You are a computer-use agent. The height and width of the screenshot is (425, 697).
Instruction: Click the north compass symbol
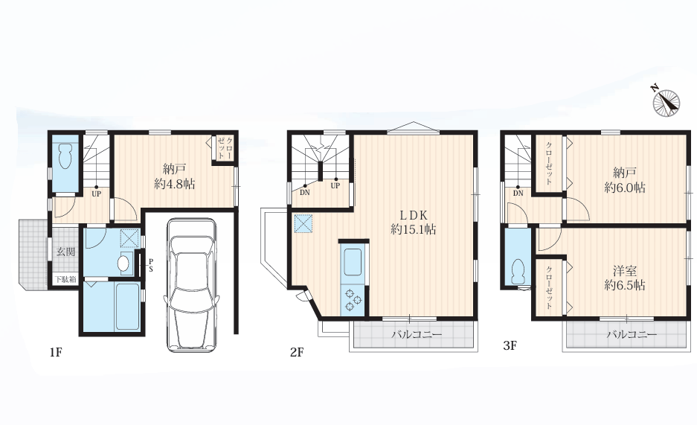coord(666,102)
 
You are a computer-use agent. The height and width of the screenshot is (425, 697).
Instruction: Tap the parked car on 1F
coord(191,284)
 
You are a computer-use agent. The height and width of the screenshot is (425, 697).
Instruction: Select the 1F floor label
coord(56,353)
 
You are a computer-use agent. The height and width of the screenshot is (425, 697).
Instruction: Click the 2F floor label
coord(297,353)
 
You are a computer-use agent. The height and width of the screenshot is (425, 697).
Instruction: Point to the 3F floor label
coord(510,345)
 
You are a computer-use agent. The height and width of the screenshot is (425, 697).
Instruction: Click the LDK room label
coord(414,216)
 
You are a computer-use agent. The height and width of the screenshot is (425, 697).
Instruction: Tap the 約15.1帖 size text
coord(414,229)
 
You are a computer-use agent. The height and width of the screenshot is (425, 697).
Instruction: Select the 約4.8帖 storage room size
coord(175,184)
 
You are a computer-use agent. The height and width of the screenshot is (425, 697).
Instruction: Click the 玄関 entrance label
coord(65,252)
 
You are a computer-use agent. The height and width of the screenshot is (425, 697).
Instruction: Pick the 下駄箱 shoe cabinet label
coord(65,280)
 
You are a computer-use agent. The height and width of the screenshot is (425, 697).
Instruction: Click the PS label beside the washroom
coord(151,265)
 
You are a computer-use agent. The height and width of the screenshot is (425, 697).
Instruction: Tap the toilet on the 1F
coord(65,156)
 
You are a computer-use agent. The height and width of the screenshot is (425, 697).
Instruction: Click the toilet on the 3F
coord(518,271)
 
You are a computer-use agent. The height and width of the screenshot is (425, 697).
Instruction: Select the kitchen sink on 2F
coord(353,262)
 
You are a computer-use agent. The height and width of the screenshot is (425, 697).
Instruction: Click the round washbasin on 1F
coord(123,263)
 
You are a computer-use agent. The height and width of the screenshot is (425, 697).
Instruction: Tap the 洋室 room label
coord(625,271)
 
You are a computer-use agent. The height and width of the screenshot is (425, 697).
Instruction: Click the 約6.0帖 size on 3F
coord(625,188)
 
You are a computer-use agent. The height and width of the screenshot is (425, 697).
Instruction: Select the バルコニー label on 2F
coord(417,334)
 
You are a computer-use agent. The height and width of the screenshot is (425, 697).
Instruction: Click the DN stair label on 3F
coord(518,194)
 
